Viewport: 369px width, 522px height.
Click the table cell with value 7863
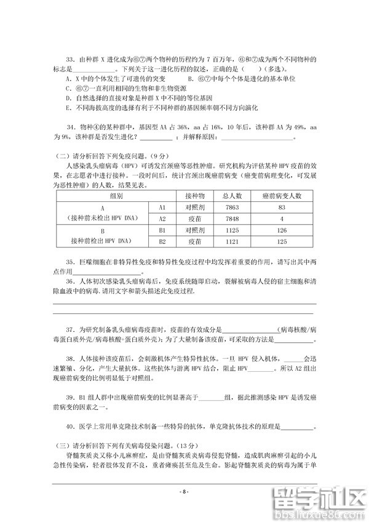[x=234, y=207]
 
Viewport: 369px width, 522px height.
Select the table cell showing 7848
[x=234, y=219]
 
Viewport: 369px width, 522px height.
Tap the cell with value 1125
[x=234, y=230]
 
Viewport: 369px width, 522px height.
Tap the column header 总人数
[x=234, y=196]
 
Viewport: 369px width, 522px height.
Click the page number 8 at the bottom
[x=184, y=492]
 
